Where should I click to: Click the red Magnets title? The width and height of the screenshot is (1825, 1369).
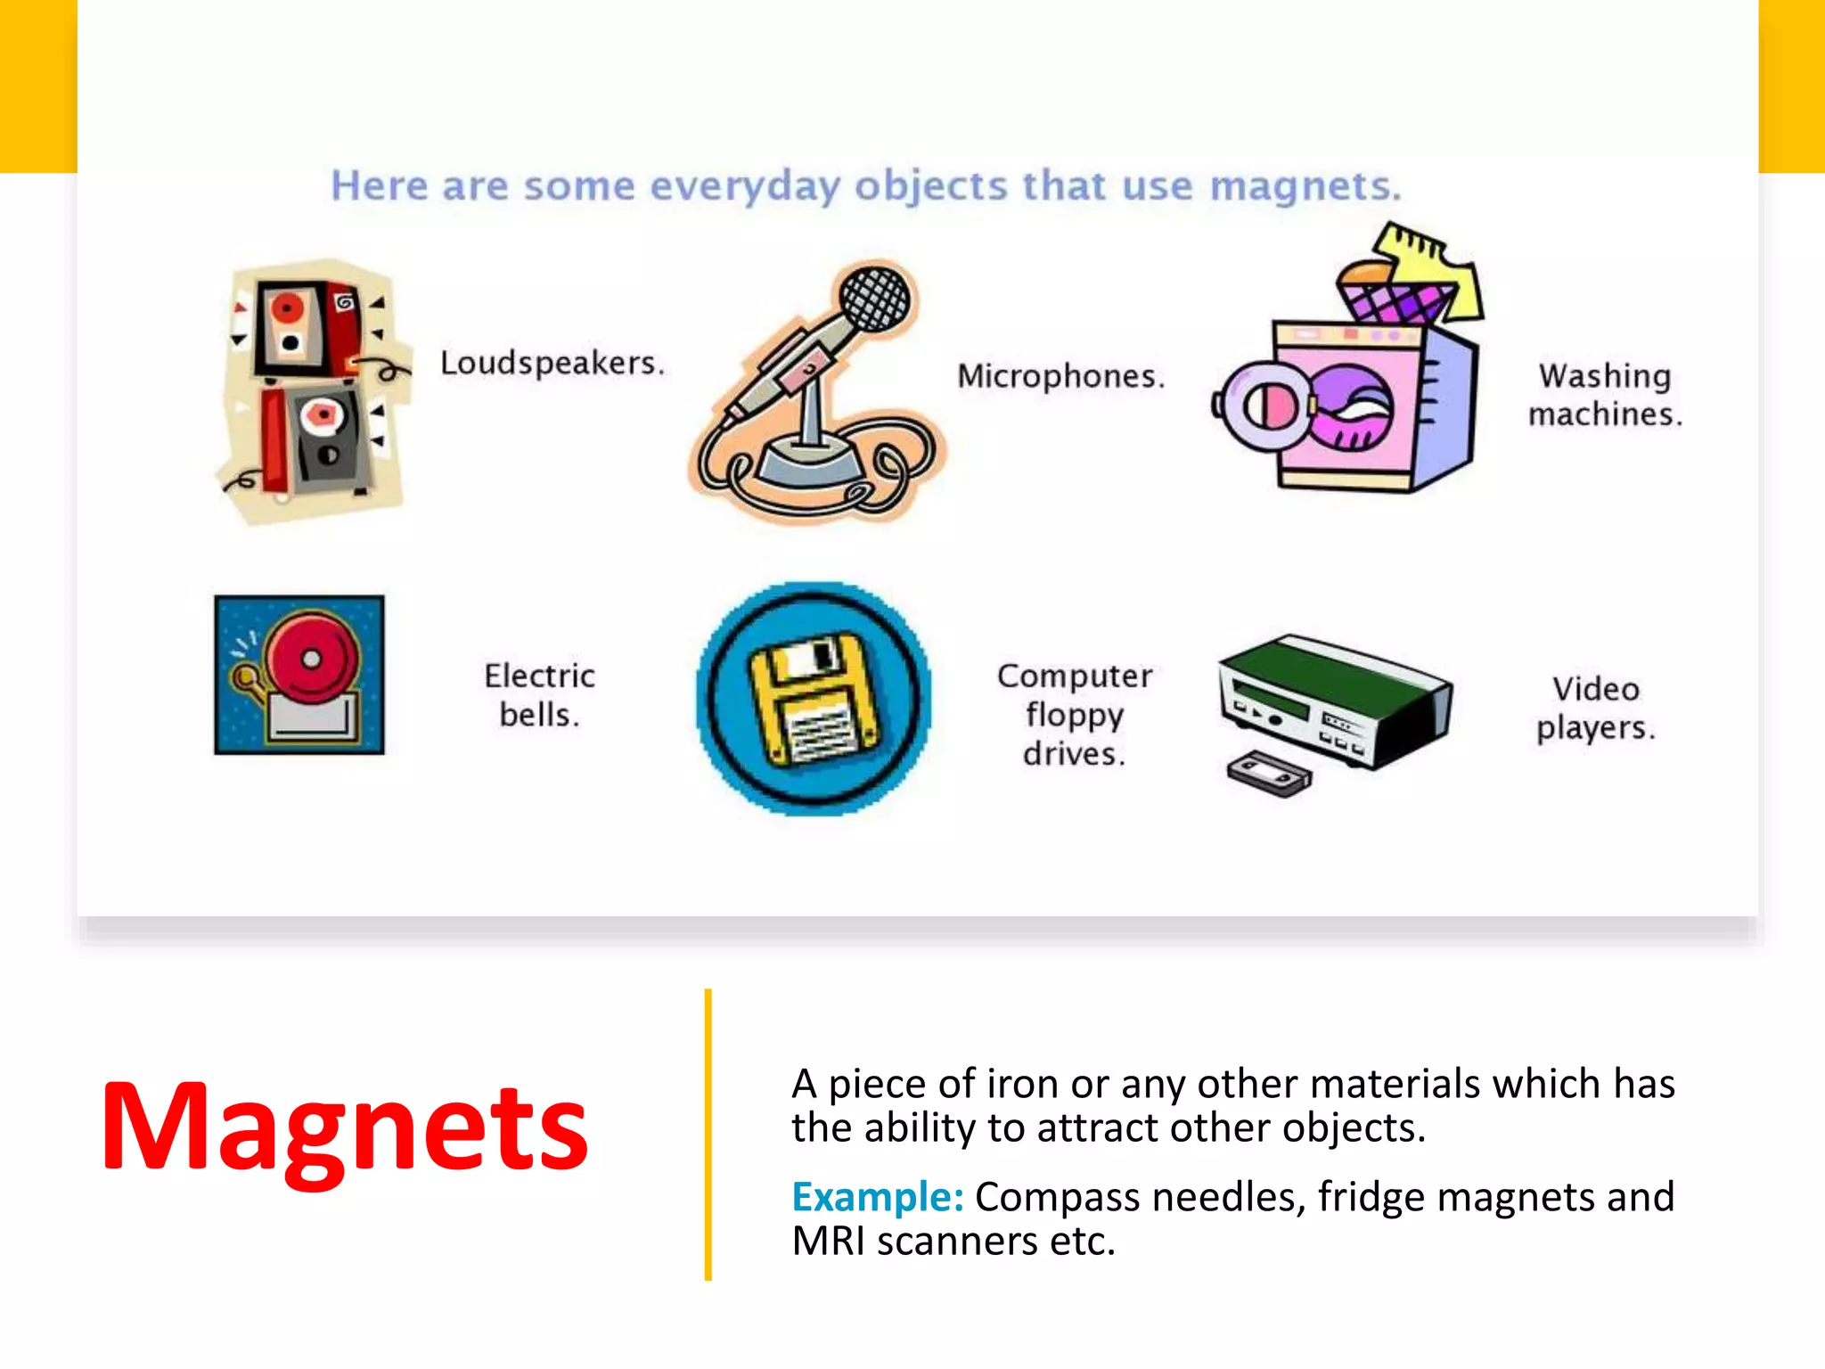pyautogui.click(x=345, y=1127)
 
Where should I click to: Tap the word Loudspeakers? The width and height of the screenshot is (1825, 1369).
pyautogui.click(x=552, y=363)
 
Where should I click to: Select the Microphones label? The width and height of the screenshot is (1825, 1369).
pyautogui.click(x=1060, y=376)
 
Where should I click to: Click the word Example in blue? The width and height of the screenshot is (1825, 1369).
pyautogui.click(x=877, y=1197)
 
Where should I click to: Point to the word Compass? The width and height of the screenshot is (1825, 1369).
pyautogui.click(x=1057, y=1197)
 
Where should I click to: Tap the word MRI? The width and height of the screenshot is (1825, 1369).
pyautogui.click(x=828, y=1242)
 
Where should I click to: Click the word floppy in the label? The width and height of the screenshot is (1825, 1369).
pyautogui.click(x=1075, y=715)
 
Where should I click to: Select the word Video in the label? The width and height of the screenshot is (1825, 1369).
pyautogui.click(x=1595, y=689)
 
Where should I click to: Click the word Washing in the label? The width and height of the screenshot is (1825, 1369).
pyautogui.click(x=1604, y=376)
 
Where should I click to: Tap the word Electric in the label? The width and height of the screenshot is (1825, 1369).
pyautogui.click(x=539, y=676)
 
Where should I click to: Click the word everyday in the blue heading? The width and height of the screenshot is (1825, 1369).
pyautogui.click(x=744, y=187)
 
